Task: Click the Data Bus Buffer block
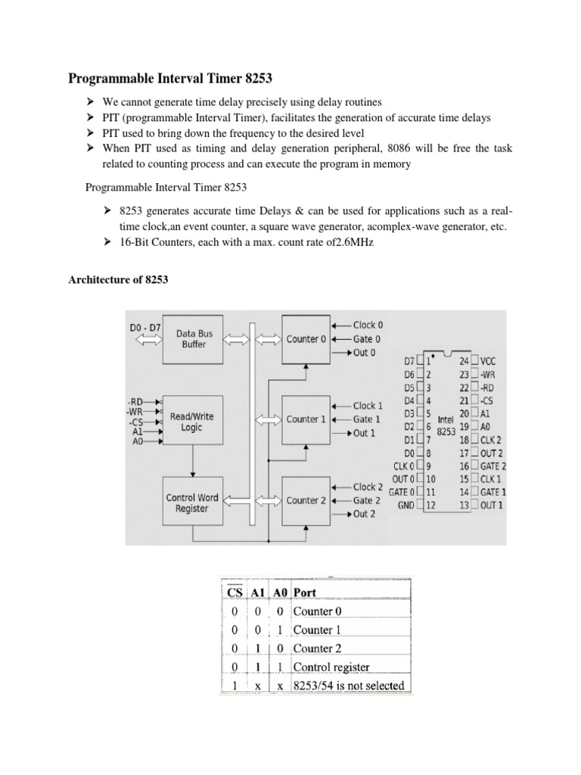[191, 338]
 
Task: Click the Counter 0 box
[306, 339]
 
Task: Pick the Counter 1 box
[306, 419]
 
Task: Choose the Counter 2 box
[306, 500]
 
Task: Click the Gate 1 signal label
[367, 419]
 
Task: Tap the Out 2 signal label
[364, 514]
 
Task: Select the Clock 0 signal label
[368, 325]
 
